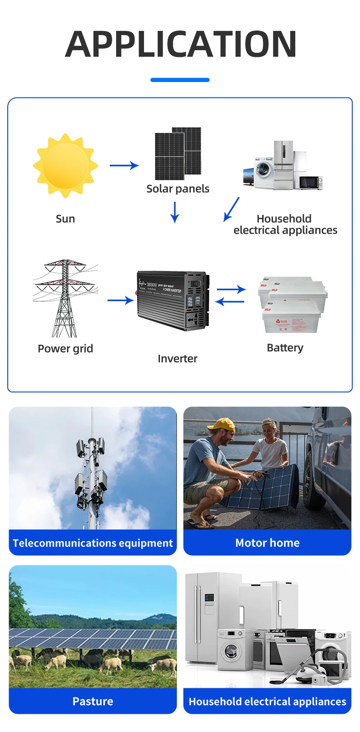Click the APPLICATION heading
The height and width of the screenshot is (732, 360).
coord(181,44)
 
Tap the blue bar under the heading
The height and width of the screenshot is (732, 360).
coord(180,80)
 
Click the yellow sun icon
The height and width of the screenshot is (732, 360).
coord(65,165)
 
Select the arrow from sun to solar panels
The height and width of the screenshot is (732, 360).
coord(124,165)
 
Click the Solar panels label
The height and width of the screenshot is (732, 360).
coord(178,189)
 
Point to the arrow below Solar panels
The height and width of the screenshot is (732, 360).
coord(175,212)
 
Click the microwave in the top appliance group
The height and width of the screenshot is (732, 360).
coord(310,182)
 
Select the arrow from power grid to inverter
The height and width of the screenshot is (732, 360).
coord(120,300)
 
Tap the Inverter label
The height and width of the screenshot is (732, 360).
coord(177,358)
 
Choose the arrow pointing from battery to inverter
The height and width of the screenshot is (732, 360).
coord(230,302)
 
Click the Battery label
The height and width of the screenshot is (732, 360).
coord(285,348)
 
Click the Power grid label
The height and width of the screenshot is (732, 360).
coord(65,348)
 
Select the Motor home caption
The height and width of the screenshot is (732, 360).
coord(267,543)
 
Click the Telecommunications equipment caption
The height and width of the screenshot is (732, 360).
coord(93,543)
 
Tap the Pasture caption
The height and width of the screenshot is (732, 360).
coord(93,701)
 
